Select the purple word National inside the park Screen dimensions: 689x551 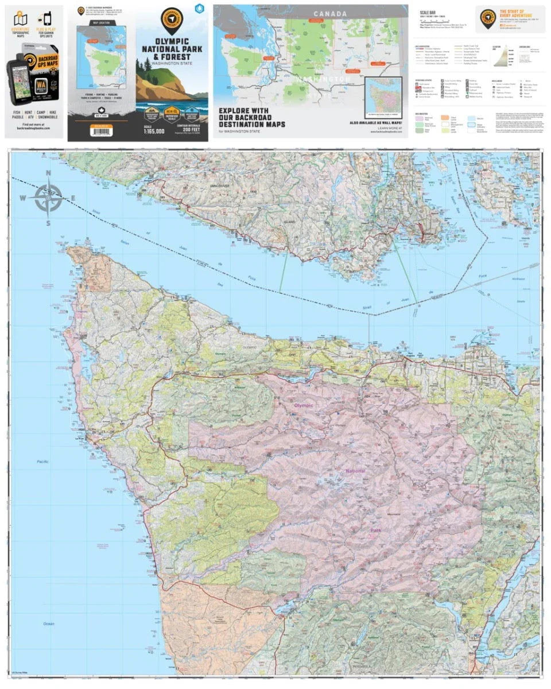pyautogui.click(x=355, y=471)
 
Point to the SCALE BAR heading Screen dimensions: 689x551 pyautogui.click(x=428, y=11)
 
